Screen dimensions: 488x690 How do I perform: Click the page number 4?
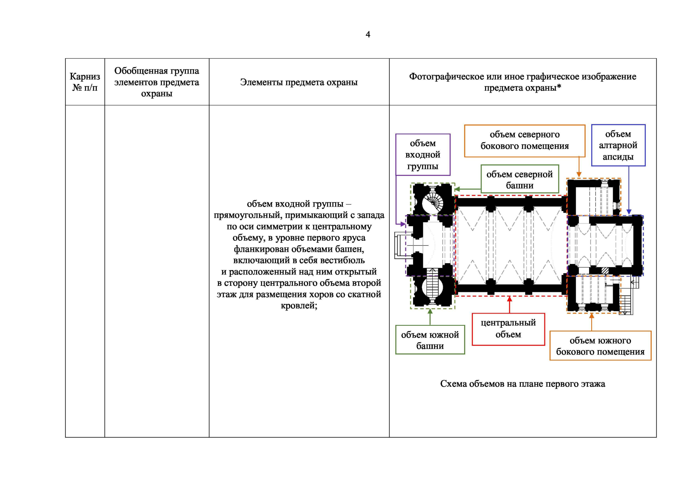click(x=368, y=35)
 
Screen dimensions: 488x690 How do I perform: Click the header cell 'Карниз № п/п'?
click(x=85, y=82)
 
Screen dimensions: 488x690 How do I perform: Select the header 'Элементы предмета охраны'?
click(x=299, y=82)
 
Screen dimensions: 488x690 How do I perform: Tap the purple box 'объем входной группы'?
click(x=423, y=155)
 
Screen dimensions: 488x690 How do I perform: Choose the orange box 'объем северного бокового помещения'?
click(x=525, y=140)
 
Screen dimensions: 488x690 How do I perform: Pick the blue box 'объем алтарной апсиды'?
click(x=618, y=145)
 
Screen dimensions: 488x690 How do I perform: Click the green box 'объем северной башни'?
click(x=520, y=179)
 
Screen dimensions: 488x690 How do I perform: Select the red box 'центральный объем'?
click(x=508, y=329)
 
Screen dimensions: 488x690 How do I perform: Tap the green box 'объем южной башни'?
click(x=430, y=340)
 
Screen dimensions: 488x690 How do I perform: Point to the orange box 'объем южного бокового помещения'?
click(x=600, y=346)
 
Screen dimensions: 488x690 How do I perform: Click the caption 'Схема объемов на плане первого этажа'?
click(x=522, y=384)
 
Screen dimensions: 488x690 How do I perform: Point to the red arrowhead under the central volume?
click(x=509, y=299)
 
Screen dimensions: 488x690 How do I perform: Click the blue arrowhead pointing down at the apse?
click(x=629, y=211)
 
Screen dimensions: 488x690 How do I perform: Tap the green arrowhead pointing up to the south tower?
click(x=430, y=312)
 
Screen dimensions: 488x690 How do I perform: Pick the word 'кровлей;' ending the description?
click(x=299, y=305)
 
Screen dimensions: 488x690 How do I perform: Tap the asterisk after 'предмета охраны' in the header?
click(x=559, y=87)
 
